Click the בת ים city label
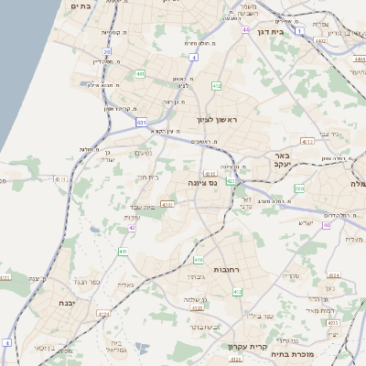tap(81, 5)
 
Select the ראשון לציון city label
tap(217, 120)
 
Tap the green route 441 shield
tap(139, 73)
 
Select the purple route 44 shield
tap(245, 29)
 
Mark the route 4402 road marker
tap(319, 40)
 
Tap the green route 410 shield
tap(199, 260)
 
